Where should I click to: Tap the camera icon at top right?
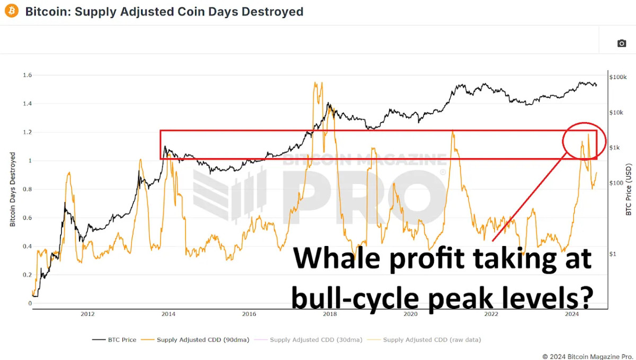[622, 43]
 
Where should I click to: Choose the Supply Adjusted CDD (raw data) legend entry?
[432, 339]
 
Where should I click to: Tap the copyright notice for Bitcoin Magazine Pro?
[586, 356]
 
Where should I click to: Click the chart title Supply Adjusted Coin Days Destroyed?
[164, 11]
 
